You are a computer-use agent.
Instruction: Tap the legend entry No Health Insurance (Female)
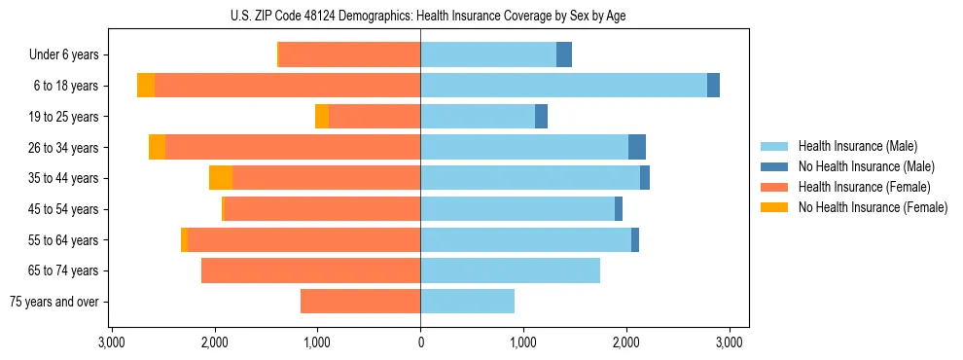click(x=873, y=207)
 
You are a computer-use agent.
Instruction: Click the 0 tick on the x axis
click(x=420, y=342)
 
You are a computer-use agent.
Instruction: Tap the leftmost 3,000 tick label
click(x=112, y=342)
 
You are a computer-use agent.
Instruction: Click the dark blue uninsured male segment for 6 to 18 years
click(x=713, y=86)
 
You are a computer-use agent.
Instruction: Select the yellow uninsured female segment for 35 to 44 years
click(x=221, y=178)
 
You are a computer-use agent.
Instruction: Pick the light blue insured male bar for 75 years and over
click(x=467, y=302)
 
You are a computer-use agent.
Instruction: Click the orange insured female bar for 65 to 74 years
click(x=310, y=270)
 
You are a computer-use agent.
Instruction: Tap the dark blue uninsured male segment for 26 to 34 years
click(x=637, y=147)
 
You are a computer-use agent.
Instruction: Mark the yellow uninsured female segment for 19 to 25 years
click(x=322, y=117)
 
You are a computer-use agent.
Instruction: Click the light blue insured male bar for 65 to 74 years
click(x=510, y=270)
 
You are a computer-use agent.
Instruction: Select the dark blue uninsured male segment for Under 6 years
click(x=564, y=54)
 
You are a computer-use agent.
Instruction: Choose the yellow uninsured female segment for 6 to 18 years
click(x=146, y=86)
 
